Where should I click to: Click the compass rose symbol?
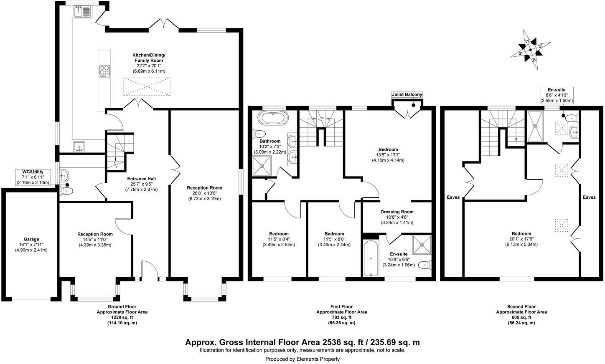pyautogui.click(x=530, y=49)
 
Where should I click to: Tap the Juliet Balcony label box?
pyautogui.click(x=407, y=95)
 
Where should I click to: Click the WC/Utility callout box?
pyautogui.click(x=33, y=177)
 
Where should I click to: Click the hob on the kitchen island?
pyautogui.click(x=104, y=71)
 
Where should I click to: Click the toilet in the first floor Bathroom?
pyautogui.click(x=259, y=134)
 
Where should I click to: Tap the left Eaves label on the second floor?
pyautogui.click(x=453, y=197)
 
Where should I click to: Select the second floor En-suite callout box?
pyautogui.click(x=556, y=95)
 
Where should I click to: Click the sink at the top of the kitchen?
pyautogui.click(x=81, y=11)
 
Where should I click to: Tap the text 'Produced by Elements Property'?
pyautogui.click(x=302, y=359)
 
